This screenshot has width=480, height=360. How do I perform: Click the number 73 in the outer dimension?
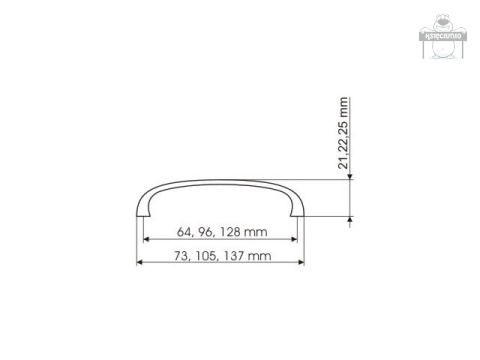coord(181,257)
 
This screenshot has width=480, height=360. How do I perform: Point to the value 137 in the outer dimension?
coord(234,257)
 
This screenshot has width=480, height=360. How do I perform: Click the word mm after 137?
coord(260,257)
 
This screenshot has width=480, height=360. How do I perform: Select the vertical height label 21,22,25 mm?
coord(345,134)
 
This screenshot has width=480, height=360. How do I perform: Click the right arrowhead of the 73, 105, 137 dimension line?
coord(301,264)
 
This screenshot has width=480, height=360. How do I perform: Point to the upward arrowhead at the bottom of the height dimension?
coord(350,219)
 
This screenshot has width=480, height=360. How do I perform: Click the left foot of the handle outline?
coord(140,214)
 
